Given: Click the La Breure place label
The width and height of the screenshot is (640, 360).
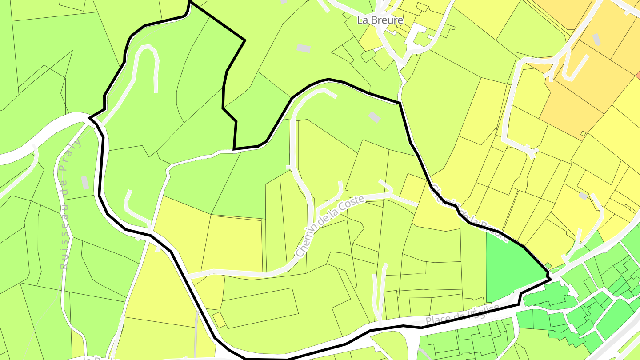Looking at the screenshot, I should click(380, 20).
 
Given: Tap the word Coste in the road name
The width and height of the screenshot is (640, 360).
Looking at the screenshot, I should click(351, 204).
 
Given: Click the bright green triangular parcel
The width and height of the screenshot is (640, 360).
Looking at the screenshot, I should click(511, 267).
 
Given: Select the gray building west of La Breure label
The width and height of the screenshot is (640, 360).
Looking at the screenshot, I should click(304, 48).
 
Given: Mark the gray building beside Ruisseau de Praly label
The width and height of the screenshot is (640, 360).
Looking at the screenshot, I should click(84, 183).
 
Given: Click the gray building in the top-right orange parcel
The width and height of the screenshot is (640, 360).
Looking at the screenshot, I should click(597, 39).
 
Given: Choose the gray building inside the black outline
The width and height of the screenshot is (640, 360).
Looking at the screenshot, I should click(374, 117).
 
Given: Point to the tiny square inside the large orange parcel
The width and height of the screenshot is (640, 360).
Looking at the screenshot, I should click(583, 134).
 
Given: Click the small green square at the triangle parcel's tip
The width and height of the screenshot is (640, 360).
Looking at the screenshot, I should click(548, 266).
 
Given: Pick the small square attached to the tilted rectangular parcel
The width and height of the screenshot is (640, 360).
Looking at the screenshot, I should click(218, 320).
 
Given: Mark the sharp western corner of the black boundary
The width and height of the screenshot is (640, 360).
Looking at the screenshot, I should click(90, 118).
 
